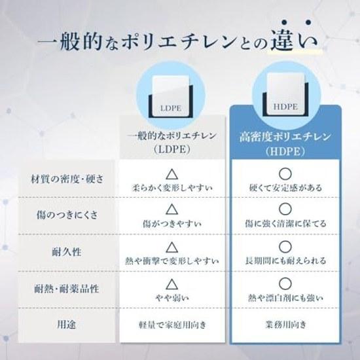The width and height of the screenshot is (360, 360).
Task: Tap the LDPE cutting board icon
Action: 171,96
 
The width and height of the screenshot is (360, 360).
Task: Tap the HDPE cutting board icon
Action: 285,95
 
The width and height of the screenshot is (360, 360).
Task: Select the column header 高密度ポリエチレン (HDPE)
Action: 285,144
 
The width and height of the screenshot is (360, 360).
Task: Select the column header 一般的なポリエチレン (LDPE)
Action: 172,143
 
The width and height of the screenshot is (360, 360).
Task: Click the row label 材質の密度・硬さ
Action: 67,179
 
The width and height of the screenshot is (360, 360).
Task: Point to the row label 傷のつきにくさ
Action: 67,215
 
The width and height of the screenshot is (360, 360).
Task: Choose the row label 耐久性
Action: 67,252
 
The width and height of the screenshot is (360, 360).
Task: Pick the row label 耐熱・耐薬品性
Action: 67,289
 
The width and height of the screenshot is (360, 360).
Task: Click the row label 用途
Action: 67,325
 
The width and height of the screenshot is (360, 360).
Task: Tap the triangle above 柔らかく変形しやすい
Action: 171,174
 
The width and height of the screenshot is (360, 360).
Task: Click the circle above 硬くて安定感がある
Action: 285,174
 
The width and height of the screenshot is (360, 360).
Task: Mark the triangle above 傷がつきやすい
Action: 171,209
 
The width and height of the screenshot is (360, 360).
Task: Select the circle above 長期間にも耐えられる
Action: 285,247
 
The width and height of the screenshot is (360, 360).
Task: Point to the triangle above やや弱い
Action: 171,284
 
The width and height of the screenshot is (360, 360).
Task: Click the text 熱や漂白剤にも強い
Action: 285,298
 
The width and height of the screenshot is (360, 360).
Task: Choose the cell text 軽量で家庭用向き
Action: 172,325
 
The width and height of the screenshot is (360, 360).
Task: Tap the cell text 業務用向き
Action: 286,325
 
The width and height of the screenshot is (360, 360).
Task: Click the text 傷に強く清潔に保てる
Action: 285,223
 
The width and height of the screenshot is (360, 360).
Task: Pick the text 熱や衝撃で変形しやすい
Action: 172,261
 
